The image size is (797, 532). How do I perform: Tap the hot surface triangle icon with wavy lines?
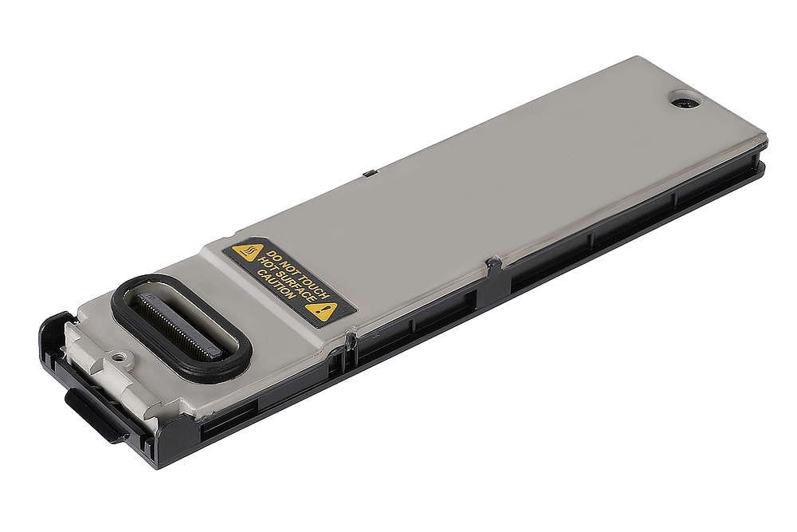[x=245, y=254]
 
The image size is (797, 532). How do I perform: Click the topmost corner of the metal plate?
[x=638, y=59]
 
